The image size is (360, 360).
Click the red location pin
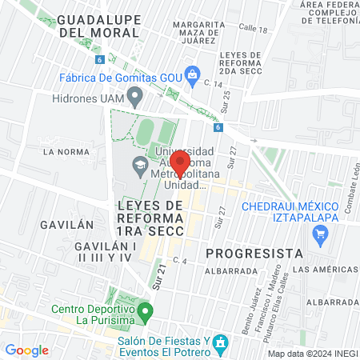(x=179, y=162)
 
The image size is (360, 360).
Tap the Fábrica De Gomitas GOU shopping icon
(x=191, y=76)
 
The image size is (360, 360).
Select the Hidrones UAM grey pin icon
(x=135, y=98)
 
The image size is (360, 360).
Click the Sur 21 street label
(x=159, y=276)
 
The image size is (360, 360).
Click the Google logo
(x=26, y=350)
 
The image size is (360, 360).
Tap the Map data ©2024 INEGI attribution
(x=312, y=354)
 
